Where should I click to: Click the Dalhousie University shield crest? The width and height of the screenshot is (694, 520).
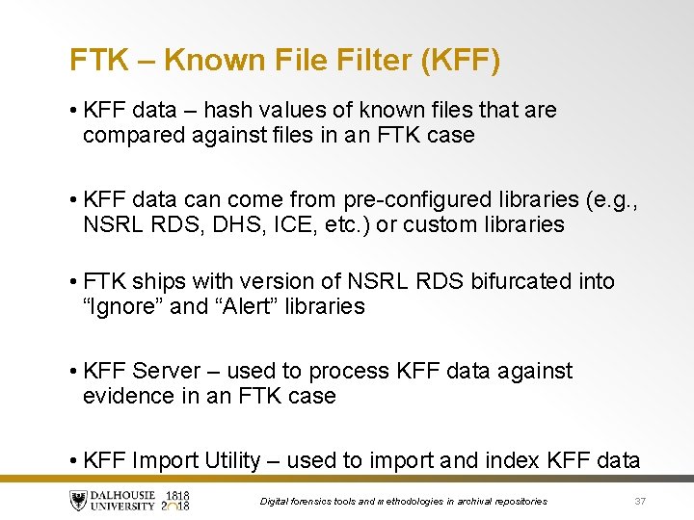tap(78, 500)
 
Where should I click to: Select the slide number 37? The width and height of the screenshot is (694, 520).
tap(639, 501)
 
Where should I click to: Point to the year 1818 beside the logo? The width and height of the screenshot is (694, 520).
tap(177, 495)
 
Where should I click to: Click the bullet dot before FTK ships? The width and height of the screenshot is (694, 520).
tap(74, 281)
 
